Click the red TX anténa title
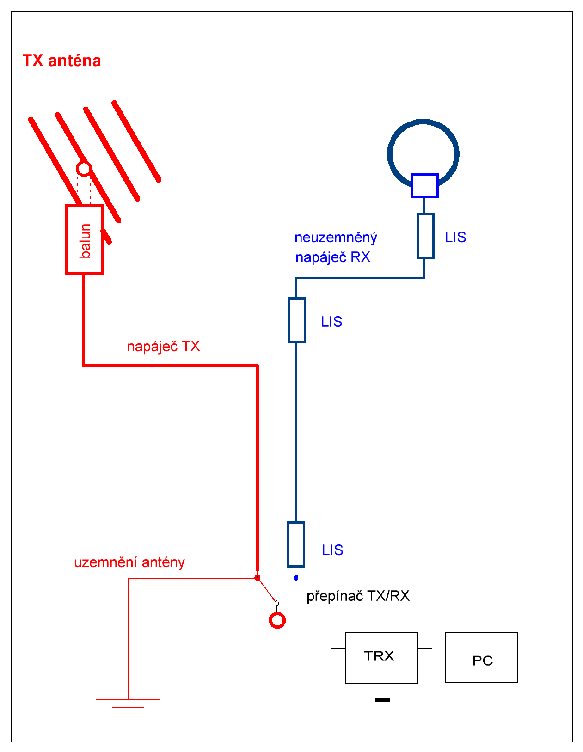click(x=61, y=61)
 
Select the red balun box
click(x=84, y=239)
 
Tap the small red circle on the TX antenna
click(x=84, y=169)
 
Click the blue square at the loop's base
click(x=424, y=185)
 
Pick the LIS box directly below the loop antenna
click(x=425, y=236)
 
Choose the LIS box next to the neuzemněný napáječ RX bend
click(x=297, y=320)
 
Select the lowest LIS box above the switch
click(x=296, y=544)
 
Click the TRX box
click(x=381, y=658)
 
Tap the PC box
click(x=481, y=657)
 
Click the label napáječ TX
click(x=163, y=347)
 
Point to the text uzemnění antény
click(x=129, y=562)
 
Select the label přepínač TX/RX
click(x=358, y=596)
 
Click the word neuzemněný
click(x=336, y=238)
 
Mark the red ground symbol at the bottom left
click(x=128, y=707)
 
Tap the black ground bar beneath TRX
click(x=382, y=700)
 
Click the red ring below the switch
click(x=277, y=620)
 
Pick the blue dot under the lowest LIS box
click(x=296, y=578)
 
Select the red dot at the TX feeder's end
click(x=258, y=578)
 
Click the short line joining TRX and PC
click(x=431, y=648)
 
